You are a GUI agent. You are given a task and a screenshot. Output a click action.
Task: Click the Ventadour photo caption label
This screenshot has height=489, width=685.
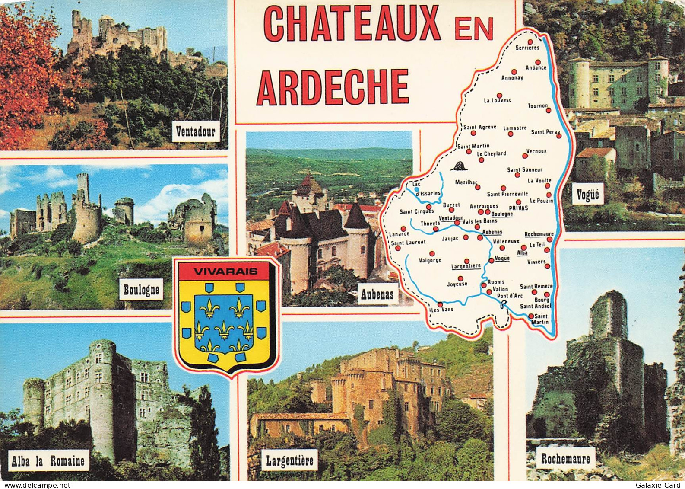pyautogui.click(x=195, y=131)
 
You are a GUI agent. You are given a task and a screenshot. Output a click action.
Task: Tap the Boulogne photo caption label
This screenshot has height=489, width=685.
pyautogui.click(x=141, y=290)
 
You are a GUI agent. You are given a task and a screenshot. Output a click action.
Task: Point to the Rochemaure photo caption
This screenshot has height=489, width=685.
pyautogui.click(x=565, y=458)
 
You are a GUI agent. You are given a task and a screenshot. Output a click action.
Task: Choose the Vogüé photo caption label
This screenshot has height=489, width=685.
pyautogui.click(x=588, y=195)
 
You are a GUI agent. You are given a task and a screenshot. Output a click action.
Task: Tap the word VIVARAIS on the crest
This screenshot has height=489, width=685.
pyautogui.click(x=225, y=272)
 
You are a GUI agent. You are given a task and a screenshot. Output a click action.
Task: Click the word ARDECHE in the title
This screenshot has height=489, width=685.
pyautogui.click(x=333, y=86)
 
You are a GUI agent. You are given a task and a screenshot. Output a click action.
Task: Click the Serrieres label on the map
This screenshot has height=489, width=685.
pyautogui.click(x=527, y=48)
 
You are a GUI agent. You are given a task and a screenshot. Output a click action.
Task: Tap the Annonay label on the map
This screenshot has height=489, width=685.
pyautogui.click(x=512, y=78)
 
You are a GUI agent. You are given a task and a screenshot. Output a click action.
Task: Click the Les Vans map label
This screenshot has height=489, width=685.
pyautogui.click(x=441, y=310)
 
